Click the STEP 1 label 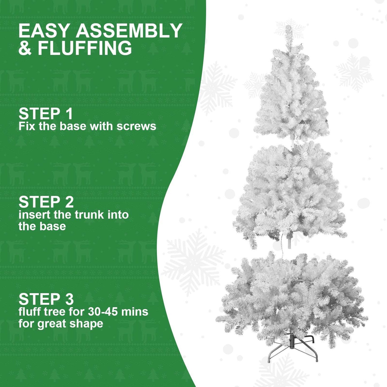46,114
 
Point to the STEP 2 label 46,202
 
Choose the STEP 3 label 46,299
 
